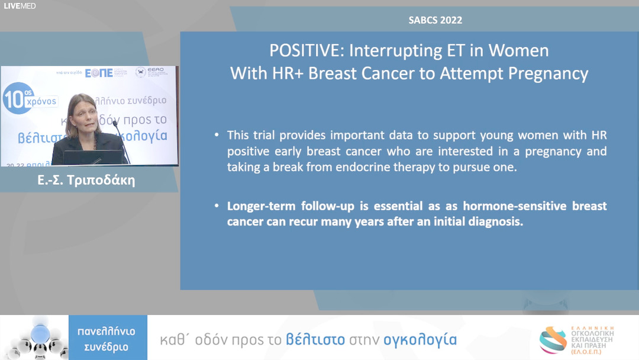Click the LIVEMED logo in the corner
[20, 6]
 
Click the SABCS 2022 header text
[435, 20]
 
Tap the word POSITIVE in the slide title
[306, 51]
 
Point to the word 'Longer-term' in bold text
[261, 207]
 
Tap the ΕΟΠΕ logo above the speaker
[99, 73]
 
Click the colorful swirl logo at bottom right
[553, 340]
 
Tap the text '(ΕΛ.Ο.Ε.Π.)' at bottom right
[595, 351]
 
